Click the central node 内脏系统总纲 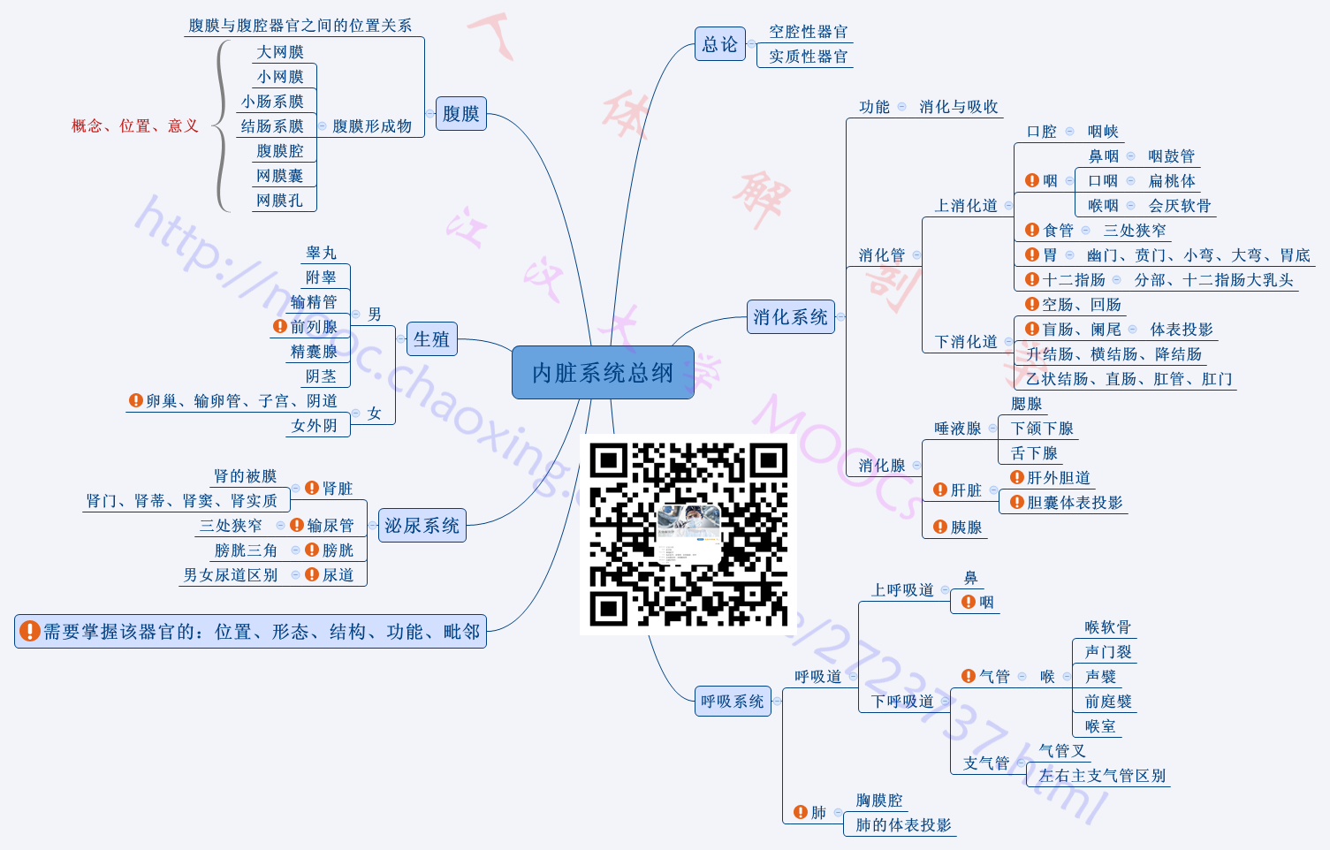click(x=603, y=373)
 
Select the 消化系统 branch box click(x=790, y=317)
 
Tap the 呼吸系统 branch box click(x=733, y=702)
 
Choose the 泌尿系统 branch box click(x=422, y=526)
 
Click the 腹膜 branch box click(x=460, y=114)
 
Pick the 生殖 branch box click(x=431, y=339)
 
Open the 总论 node click(x=719, y=44)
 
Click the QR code click(x=688, y=535)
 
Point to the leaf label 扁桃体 click(x=1172, y=181)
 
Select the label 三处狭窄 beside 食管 click(x=1135, y=231)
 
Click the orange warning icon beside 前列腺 click(x=280, y=326)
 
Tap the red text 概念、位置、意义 click(x=134, y=126)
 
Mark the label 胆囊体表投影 click(x=1074, y=503)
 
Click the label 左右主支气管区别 click(x=1102, y=776)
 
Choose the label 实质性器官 click(x=808, y=57)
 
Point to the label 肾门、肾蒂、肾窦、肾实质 click(x=182, y=501)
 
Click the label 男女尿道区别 click(x=231, y=575)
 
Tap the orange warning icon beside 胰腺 click(x=940, y=527)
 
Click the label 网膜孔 click(x=279, y=201)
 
